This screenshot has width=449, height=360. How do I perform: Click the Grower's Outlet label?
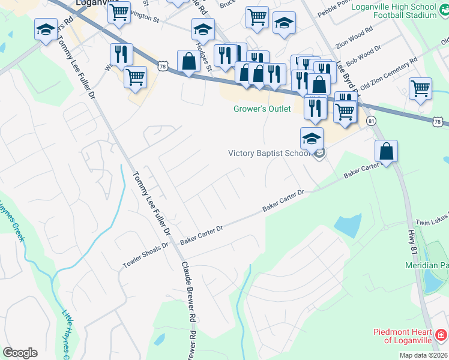click(262, 109)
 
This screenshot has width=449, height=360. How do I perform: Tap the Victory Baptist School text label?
click(269, 153)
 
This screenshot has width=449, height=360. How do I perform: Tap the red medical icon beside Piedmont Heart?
click(441, 334)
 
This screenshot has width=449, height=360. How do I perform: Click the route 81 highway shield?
click(372, 121)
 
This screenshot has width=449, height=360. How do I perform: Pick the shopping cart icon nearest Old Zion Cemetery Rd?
click(420, 88)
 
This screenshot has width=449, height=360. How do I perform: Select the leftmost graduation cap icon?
click(46, 29)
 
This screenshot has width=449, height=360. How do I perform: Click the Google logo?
click(20, 352)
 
